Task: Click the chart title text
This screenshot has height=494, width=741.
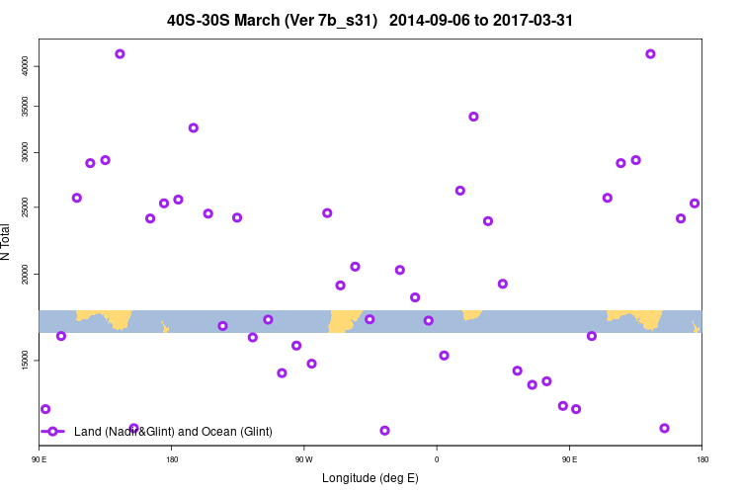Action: [x=370, y=20]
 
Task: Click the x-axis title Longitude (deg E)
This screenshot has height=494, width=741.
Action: [x=370, y=478]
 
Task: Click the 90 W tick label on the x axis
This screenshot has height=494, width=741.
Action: [x=303, y=459]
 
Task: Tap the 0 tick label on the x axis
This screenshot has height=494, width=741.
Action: [x=437, y=459]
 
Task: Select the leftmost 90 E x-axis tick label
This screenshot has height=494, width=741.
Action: [x=40, y=459]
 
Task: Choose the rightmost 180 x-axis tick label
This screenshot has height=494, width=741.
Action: [x=701, y=459]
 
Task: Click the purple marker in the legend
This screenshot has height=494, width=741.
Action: [x=53, y=432]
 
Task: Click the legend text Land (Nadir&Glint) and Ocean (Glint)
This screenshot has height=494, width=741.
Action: [x=173, y=432]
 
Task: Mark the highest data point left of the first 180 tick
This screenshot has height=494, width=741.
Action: [x=120, y=54]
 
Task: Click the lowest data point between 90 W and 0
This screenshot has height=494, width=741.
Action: [x=384, y=431]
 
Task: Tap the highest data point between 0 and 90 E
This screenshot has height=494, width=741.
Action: [x=473, y=117]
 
